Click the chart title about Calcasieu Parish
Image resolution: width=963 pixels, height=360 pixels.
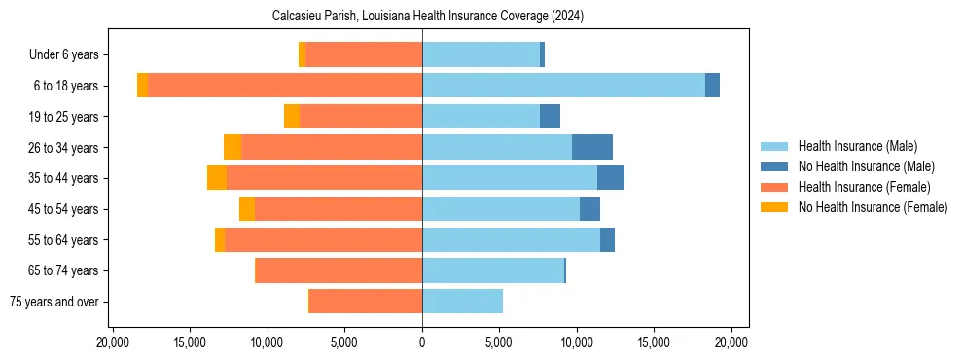(x=421, y=17)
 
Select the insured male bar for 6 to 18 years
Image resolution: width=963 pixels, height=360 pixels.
(x=563, y=86)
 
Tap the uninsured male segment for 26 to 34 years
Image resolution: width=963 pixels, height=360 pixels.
(x=592, y=147)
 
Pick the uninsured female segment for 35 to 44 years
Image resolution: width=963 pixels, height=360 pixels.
(x=217, y=178)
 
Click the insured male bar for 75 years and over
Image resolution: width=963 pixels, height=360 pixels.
(x=462, y=302)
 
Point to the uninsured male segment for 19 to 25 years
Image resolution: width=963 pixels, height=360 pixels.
(x=551, y=117)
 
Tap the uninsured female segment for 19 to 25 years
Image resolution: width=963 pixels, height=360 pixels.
(x=292, y=117)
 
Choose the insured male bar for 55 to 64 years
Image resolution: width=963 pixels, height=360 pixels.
(x=511, y=239)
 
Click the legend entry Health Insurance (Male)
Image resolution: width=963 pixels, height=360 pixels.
(x=857, y=147)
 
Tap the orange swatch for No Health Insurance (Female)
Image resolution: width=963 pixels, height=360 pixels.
(x=775, y=207)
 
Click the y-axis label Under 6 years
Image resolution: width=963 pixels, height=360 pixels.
(x=63, y=55)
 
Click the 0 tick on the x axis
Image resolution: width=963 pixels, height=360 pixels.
(x=422, y=342)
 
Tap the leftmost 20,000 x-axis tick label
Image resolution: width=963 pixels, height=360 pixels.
(x=113, y=342)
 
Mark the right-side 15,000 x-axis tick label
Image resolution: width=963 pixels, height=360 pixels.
(x=654, y=342)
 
